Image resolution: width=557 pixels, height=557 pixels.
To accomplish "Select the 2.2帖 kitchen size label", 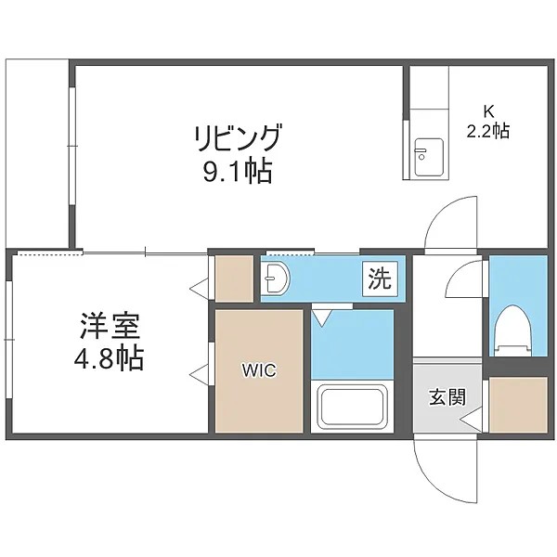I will click(486, 131).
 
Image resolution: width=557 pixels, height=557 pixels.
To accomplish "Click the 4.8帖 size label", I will click(110, 358).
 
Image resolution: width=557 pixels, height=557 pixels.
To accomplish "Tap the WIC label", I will click(259, 370).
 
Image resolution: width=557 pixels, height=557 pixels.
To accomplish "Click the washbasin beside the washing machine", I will click(276, 277).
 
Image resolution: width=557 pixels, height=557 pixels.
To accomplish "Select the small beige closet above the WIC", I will click(235, 278).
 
